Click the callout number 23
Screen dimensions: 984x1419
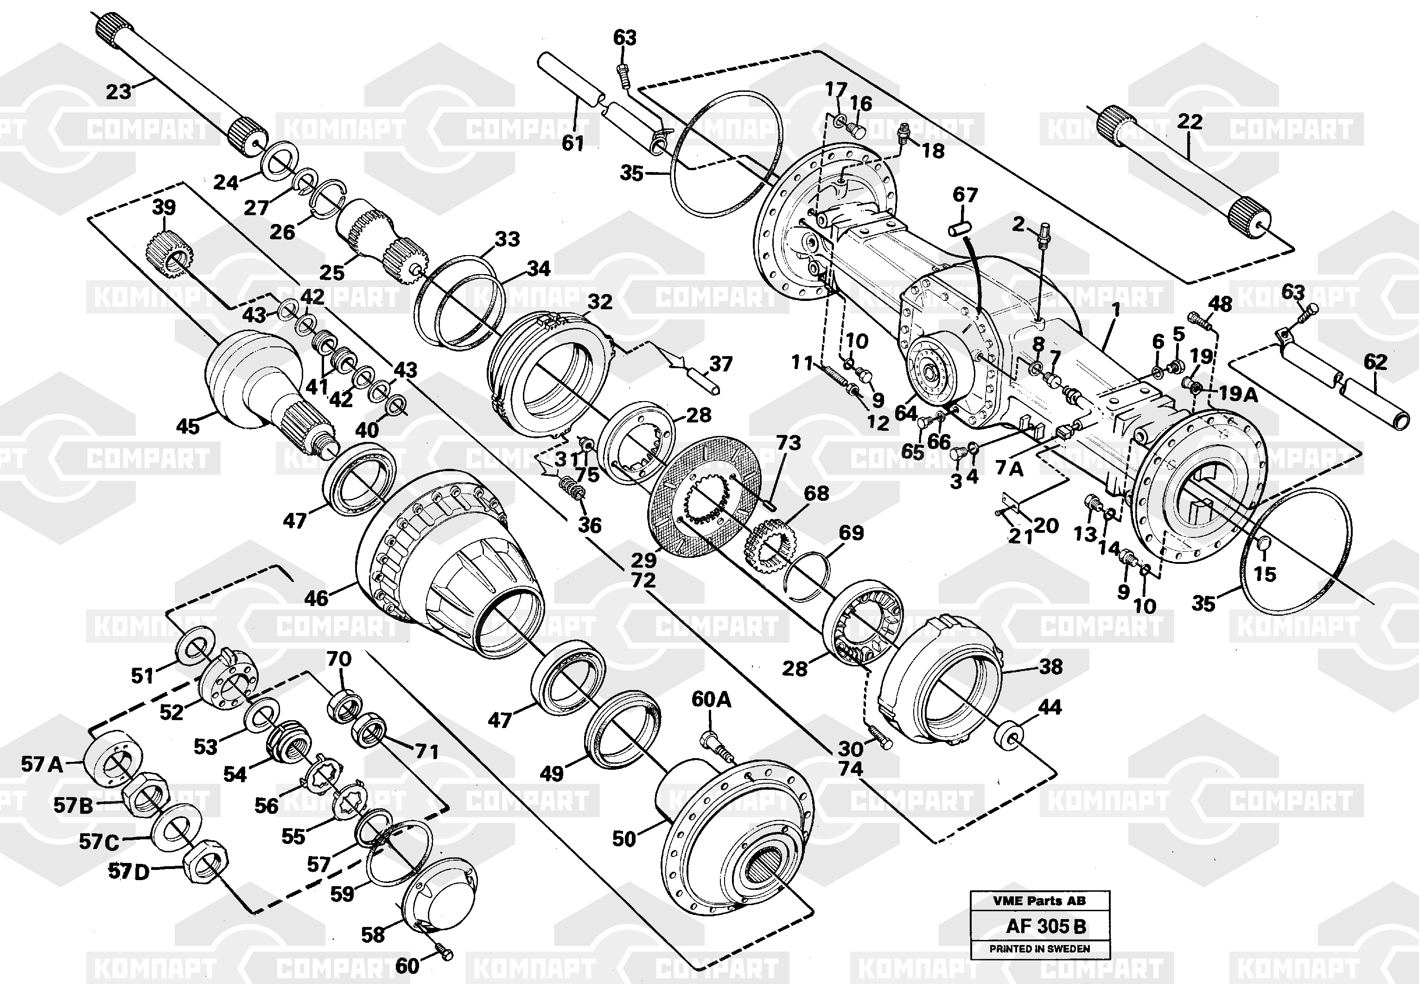118,92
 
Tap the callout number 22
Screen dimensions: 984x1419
1189,121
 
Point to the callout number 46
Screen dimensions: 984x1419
316,598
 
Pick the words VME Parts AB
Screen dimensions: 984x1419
1039,901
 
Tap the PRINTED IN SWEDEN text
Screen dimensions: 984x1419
1039,949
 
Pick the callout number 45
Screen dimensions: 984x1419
188,426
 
